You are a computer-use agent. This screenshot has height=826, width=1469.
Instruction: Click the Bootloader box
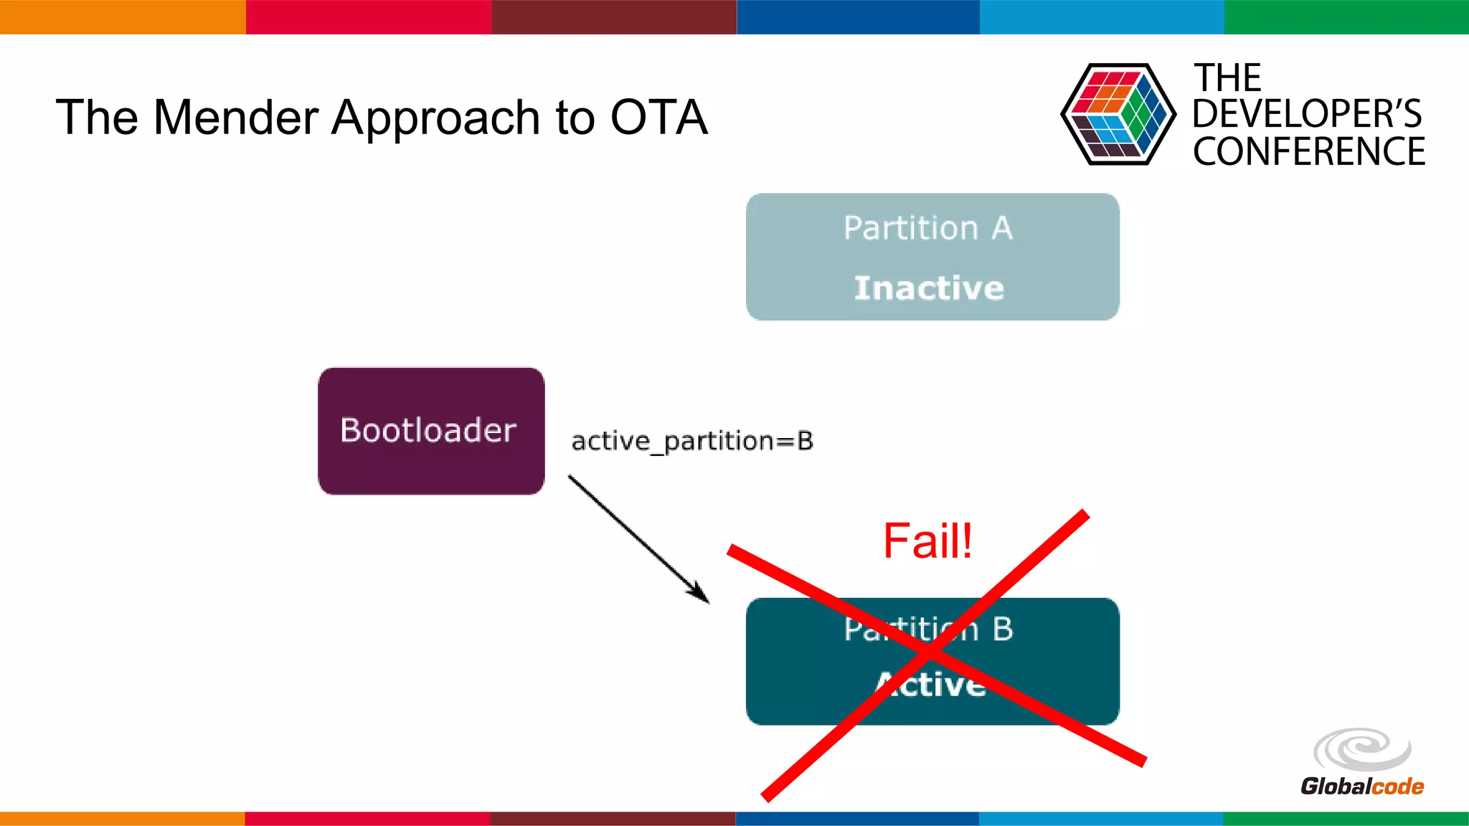coord(430,431)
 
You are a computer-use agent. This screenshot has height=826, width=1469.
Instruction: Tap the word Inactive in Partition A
coord(929,288)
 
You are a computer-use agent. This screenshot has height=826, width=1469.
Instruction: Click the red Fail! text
coord(927,541)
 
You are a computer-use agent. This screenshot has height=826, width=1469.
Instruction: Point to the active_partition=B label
coord(692,440)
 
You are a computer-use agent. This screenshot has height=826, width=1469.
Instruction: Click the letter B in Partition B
coord(1003,629)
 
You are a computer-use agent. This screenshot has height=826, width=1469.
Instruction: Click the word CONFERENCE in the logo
coord(1308,152)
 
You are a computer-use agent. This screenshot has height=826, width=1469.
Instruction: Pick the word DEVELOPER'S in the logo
coord(1306,114)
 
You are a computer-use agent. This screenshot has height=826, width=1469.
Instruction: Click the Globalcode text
coord(1361,786)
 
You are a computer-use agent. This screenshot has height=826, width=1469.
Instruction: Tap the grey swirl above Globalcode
coord(1361,749)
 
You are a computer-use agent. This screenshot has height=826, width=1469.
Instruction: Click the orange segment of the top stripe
coord(122,16)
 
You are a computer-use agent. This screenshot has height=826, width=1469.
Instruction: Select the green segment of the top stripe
coord(1346,16)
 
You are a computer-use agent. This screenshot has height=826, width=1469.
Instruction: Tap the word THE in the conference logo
coord(1227,77)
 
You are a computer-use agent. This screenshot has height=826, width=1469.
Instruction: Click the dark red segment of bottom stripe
coord(613,818)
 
